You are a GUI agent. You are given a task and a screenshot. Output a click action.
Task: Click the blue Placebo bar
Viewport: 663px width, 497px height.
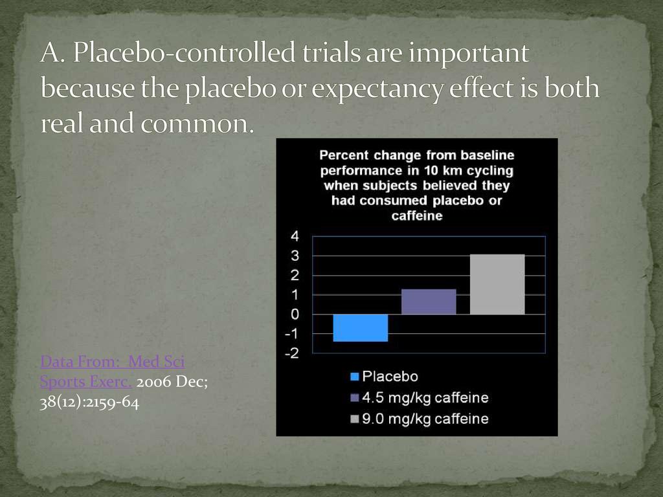[360, 327]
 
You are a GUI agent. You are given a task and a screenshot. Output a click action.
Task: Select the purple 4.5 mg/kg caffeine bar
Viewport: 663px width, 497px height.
[429, 302]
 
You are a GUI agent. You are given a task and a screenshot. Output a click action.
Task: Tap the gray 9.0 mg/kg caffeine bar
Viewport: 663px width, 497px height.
[497, 285]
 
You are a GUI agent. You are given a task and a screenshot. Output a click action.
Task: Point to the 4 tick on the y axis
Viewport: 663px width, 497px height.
[295, 236]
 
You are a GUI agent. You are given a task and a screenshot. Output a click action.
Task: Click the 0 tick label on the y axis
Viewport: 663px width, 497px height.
[295, 315]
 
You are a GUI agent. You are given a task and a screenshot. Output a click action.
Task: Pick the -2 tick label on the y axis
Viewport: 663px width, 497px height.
[292, 353]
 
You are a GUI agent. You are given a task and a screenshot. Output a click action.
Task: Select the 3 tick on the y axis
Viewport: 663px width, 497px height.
[295, 256]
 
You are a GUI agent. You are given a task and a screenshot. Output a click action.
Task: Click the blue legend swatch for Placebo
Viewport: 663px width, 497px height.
[355, 377]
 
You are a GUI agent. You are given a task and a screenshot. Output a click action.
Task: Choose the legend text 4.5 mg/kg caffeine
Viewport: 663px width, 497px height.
[425, 398]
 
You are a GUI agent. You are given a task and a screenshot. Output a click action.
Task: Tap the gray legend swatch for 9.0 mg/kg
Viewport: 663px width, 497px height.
[355, 419]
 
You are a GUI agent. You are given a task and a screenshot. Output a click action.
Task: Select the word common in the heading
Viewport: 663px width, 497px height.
[197, 124]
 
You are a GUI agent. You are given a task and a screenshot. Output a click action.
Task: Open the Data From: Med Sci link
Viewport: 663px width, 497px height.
[113, 362]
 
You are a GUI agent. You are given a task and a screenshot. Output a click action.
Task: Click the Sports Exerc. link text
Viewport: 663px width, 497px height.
[86, 382]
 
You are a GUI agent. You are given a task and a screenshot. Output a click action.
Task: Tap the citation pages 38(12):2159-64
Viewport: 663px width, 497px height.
[89, 403]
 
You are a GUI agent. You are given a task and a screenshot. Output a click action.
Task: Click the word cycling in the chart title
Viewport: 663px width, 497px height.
[490, 171]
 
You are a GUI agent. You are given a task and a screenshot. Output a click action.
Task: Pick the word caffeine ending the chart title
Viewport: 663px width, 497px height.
[417, 216]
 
